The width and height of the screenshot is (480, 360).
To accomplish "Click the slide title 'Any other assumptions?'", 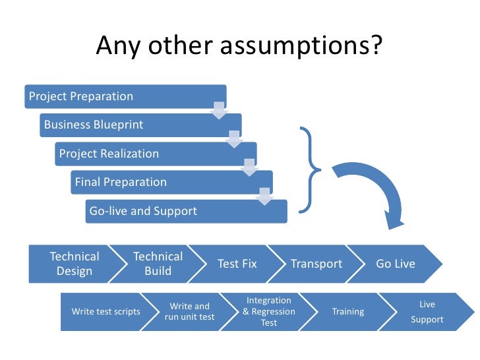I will pyautogui.click(x=239, y=46).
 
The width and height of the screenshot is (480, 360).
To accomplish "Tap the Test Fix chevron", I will pyautogui.click(x=237, y=264).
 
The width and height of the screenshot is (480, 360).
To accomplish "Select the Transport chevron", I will pyautogui.click(x=316, y=264).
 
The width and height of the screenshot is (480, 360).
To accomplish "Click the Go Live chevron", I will pyautogui.click(x=396, y=264).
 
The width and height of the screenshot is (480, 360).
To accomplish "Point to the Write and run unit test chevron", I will pyautogui.click(x=190, y=311).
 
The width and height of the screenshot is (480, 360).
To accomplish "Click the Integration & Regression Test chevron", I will pyautogui.click(x=269, y=311).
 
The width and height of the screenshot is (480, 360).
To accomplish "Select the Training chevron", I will pyautogui.click(x=348, y=311).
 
